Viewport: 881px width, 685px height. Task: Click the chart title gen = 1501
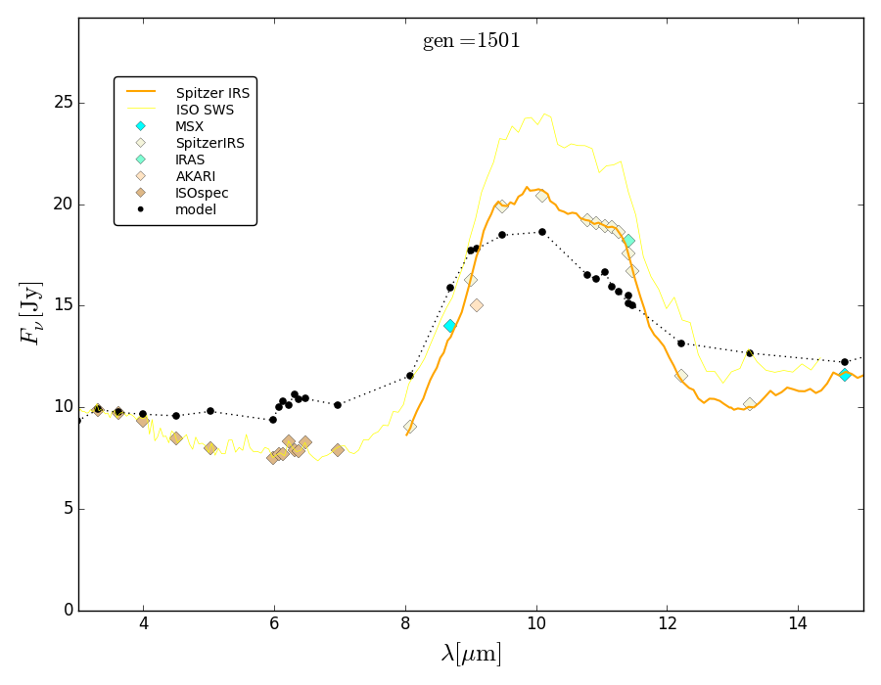[x=471, y=41]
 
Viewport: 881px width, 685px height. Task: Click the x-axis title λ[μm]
[x=471, y=654]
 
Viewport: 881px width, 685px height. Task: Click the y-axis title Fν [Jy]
[x=30, y=312]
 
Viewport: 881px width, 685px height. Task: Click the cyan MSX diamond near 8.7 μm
[x=449, y=326]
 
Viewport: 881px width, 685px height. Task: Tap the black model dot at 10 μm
[x=541, y=232]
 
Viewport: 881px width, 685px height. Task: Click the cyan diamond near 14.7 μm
[x=845, y=375]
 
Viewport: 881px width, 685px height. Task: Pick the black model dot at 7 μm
[x=337, y=405]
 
